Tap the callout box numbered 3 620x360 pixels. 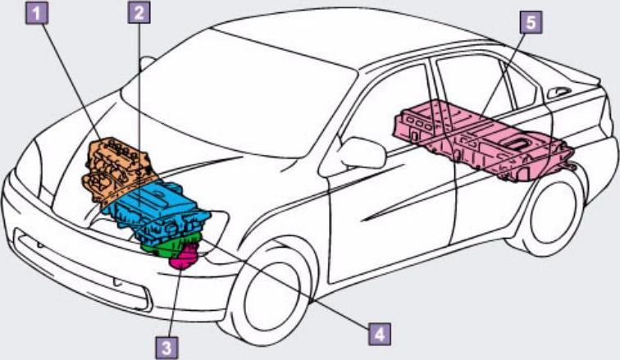coord(167,346)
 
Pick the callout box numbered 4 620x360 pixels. coord(377,334)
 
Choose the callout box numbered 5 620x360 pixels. coord(531,22)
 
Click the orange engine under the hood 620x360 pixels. coord(115,168)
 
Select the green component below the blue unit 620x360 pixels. coord(164,243)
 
